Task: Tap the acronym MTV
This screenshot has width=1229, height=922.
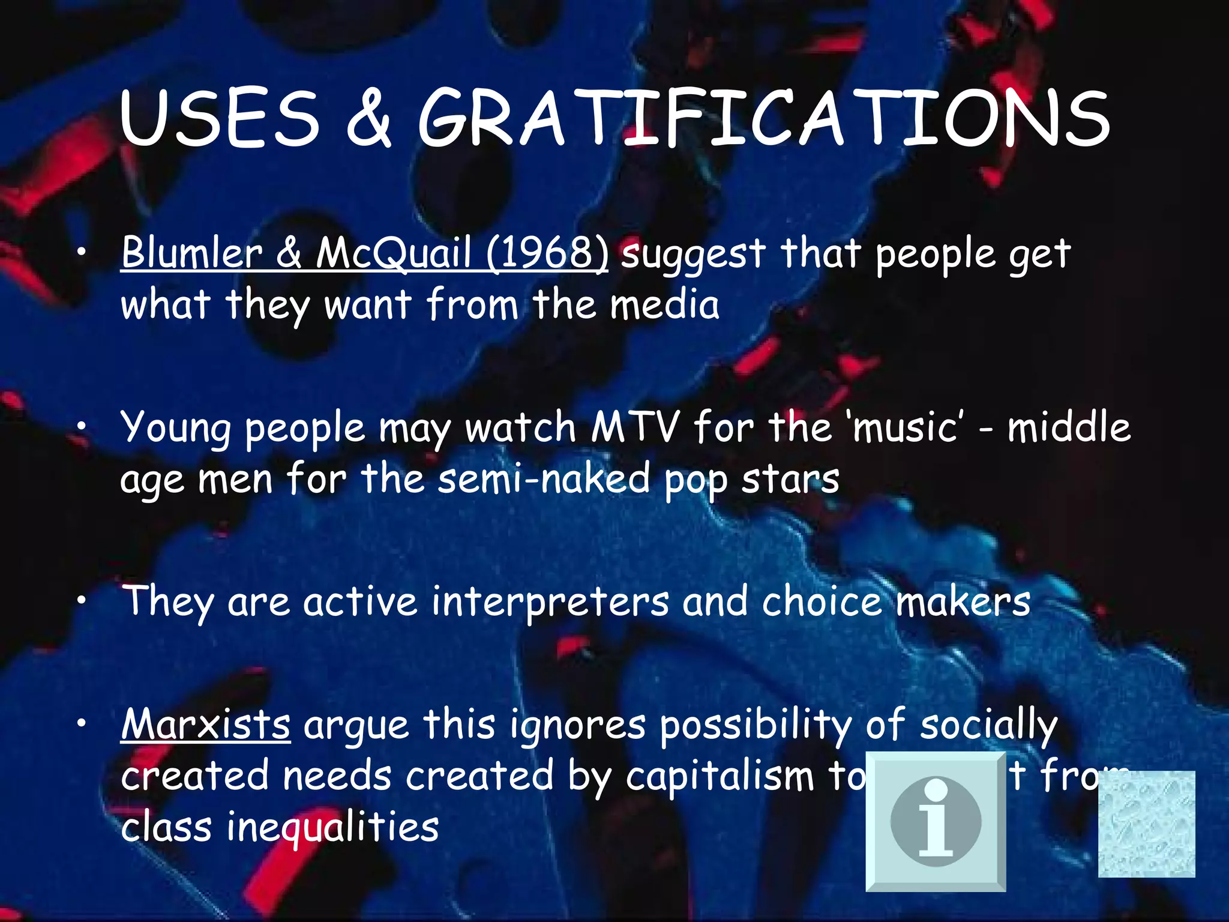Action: point(635,427)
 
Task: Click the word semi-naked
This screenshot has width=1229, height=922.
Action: point(544,479)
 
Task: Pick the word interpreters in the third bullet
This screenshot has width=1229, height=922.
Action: point(550,601)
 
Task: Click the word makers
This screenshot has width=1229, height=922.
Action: point(963,601)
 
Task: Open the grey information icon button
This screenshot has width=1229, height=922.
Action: point(936,821)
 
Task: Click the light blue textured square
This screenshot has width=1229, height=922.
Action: point(1146,824)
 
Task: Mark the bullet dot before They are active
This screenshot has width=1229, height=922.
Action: point(82,600)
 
